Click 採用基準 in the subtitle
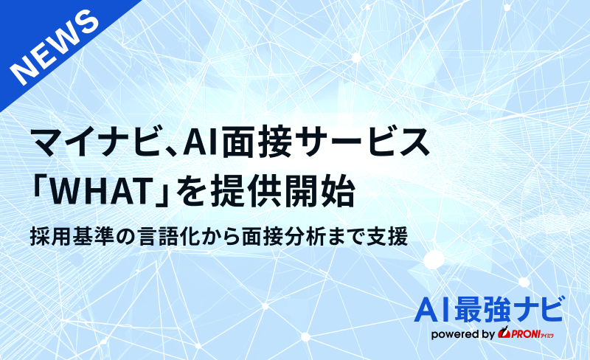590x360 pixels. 68,238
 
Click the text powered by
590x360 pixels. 462,334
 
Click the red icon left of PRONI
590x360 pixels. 505,334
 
